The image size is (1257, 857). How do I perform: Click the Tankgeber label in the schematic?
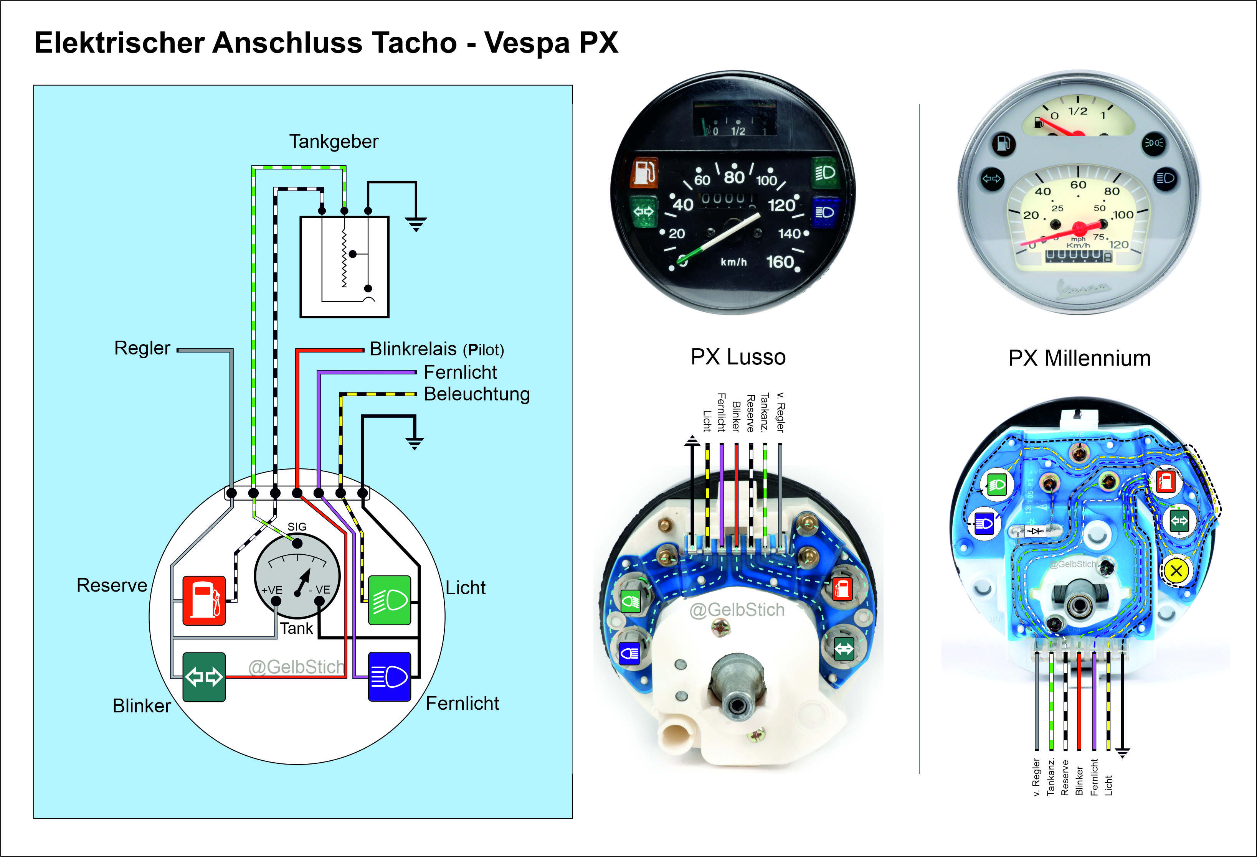pos(334,142)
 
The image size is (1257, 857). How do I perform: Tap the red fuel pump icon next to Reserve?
pos(204,601)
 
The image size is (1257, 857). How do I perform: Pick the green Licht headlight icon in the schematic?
pos(390,601)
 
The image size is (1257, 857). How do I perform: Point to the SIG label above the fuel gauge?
pos(297,527)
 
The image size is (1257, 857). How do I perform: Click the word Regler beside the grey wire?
pos(142,348)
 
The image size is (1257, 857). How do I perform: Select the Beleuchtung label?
pos(477,394)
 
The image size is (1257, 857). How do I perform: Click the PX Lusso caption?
pos(738,358)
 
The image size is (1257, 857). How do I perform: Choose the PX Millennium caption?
pos(1080,358)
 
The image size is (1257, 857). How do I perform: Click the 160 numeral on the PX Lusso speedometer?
pos(780,262)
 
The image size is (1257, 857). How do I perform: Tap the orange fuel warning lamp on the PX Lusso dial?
pos(644,172)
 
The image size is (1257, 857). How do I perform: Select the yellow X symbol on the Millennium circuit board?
pos(1176,570)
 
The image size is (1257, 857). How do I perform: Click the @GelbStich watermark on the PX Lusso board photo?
pos(737,610)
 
